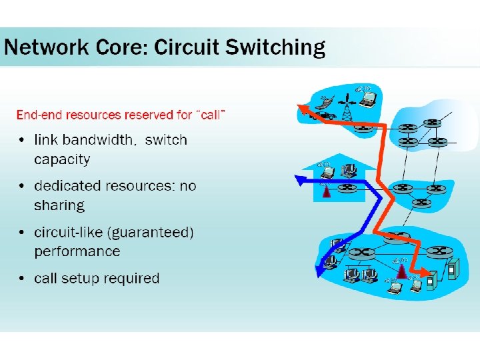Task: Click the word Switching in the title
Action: [x=275, y=48]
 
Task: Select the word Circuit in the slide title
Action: [x=189, y=48]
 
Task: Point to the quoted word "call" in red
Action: [x=210, y=115]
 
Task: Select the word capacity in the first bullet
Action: [x=62, y=159]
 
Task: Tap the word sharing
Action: [x=59, y=205]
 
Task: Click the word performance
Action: [x=77, y=251]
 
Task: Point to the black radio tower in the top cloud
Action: [x=346, y=110]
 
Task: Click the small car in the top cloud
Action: [x=326, y=115]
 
